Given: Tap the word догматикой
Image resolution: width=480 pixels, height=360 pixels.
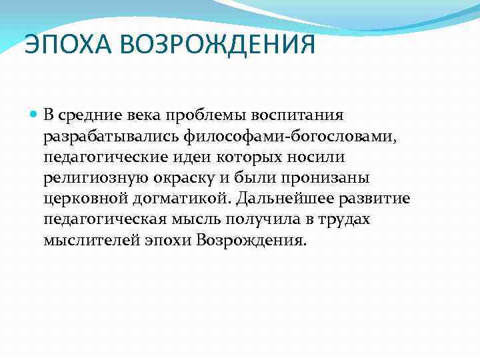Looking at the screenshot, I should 179,200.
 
